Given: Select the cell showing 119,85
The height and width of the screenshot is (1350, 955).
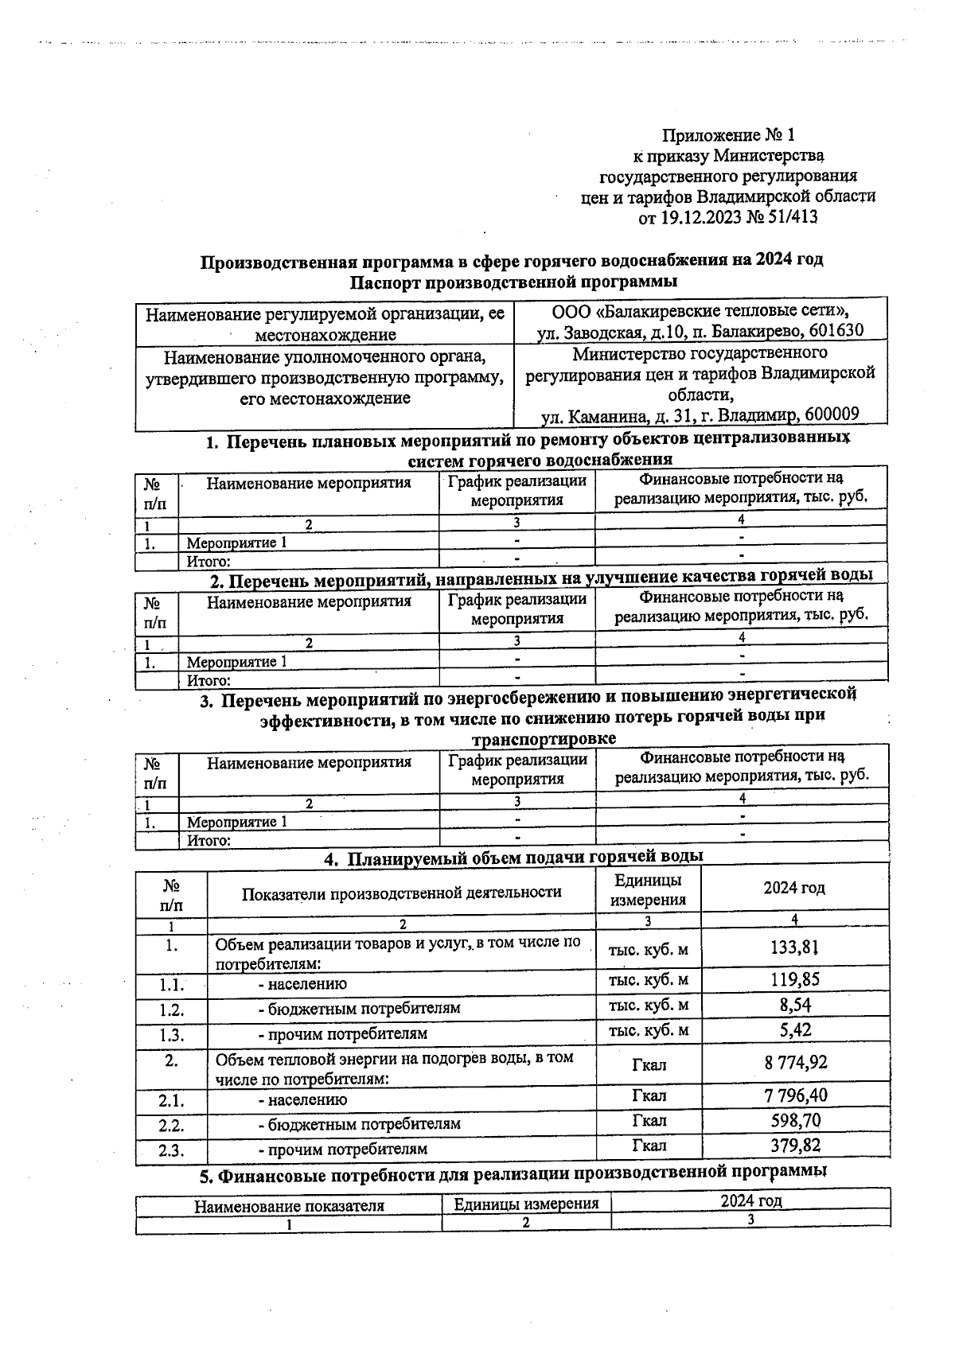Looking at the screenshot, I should click(794, 979).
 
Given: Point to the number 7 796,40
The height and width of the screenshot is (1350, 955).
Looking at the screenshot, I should click(794, 1095).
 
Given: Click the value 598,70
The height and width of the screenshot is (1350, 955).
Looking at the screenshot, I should click(794, 1121).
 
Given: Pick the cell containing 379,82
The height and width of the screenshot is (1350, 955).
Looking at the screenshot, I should click(794, 1146).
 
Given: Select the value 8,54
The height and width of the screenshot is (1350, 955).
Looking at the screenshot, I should click(794, 1005).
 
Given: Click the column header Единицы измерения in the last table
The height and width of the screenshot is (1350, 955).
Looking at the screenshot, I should click(526, 1204).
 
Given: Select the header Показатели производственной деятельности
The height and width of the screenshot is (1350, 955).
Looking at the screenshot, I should click(401, 893).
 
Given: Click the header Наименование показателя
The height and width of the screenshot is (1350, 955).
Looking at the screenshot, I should click(289, 1206).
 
